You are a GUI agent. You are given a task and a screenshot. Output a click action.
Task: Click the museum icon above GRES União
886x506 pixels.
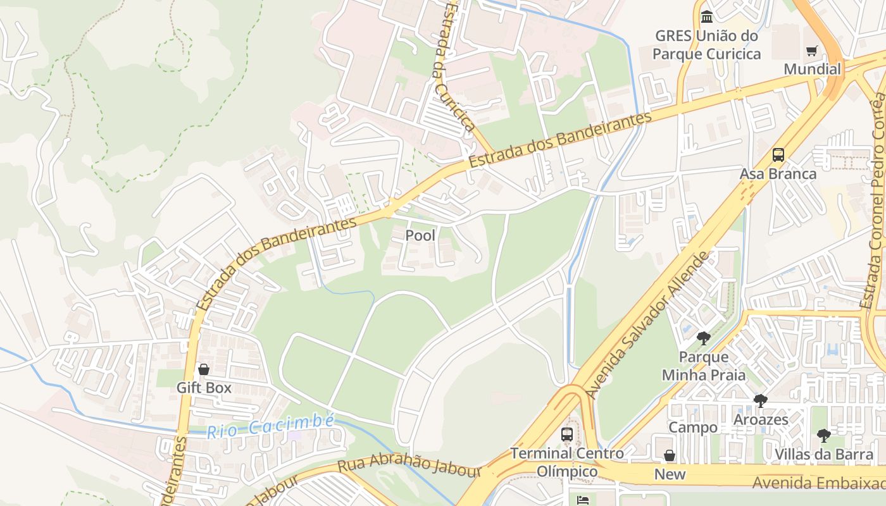click(x=707, y=16)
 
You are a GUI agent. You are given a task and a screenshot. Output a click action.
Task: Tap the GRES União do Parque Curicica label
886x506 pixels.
click(x=706, y=45)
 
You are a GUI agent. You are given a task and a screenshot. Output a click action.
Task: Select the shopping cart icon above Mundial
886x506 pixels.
click(x=811, y=51)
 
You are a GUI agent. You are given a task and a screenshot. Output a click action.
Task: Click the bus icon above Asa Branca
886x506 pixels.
click(x=778, y=155)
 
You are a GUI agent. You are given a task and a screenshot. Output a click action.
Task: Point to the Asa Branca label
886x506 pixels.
click(x=778, y=173)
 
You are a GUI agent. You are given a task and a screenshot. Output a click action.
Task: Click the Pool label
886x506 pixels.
click(x=420, y=235)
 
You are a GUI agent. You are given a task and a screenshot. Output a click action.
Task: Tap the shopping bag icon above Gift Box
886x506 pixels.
click(x=204, y=369)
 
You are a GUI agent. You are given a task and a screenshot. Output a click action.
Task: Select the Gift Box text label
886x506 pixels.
click(x=204, y=387)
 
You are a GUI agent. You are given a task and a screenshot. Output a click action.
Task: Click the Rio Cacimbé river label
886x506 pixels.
click(x=270, y=426)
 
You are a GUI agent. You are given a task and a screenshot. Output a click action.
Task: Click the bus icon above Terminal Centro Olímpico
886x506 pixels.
click(x=567, y=435)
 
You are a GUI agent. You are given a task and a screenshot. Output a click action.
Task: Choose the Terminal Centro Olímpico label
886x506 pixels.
click(x=567, y=462)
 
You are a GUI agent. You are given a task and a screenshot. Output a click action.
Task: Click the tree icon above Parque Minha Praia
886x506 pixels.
click(x=703, y=338)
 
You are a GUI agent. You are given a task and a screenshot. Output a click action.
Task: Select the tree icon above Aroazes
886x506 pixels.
click(x=761, y=400)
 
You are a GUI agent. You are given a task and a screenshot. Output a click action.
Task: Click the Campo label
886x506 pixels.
click(x=693, y=428)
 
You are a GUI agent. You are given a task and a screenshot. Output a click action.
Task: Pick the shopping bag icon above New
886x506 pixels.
click(x=670, y=456)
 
